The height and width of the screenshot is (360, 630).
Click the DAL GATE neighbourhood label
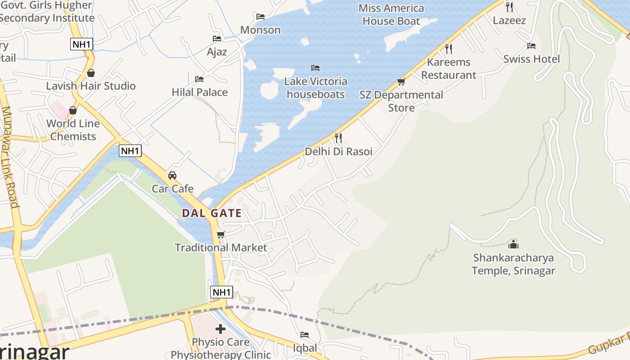[x=211, y=213]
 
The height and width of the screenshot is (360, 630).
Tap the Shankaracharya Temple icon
[x=513, y=244]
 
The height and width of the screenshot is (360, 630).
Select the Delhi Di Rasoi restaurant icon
[x=338, y=138]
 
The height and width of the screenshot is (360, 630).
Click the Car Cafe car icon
[x=172, y=175]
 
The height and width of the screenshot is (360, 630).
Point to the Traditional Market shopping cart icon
[x=220, y=234]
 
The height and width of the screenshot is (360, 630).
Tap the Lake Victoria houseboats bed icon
[x=315, y=68]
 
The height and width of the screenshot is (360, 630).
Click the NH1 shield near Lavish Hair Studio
[x=81, y=44]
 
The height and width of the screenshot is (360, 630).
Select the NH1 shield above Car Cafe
[x=130, y=150]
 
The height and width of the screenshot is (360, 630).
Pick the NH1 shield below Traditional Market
[x=221, y=292]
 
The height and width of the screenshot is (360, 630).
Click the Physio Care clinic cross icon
[x=220, y=329]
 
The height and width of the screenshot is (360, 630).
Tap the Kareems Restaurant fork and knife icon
[x=448, y=49]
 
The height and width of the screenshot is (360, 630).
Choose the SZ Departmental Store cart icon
[x=401, y=81]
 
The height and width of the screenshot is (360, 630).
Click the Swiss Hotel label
[x=531, y=59]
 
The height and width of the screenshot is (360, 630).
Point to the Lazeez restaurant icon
[x=509, y=7]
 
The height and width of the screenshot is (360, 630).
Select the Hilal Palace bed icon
[x=199, y=79]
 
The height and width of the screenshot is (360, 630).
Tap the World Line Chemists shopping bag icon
[x=73, y=110]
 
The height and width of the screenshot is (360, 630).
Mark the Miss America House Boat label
[x=391, y=14]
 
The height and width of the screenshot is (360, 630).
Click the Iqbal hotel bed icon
[x=305, y=335]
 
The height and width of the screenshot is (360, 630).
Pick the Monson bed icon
[x=260, y=17]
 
